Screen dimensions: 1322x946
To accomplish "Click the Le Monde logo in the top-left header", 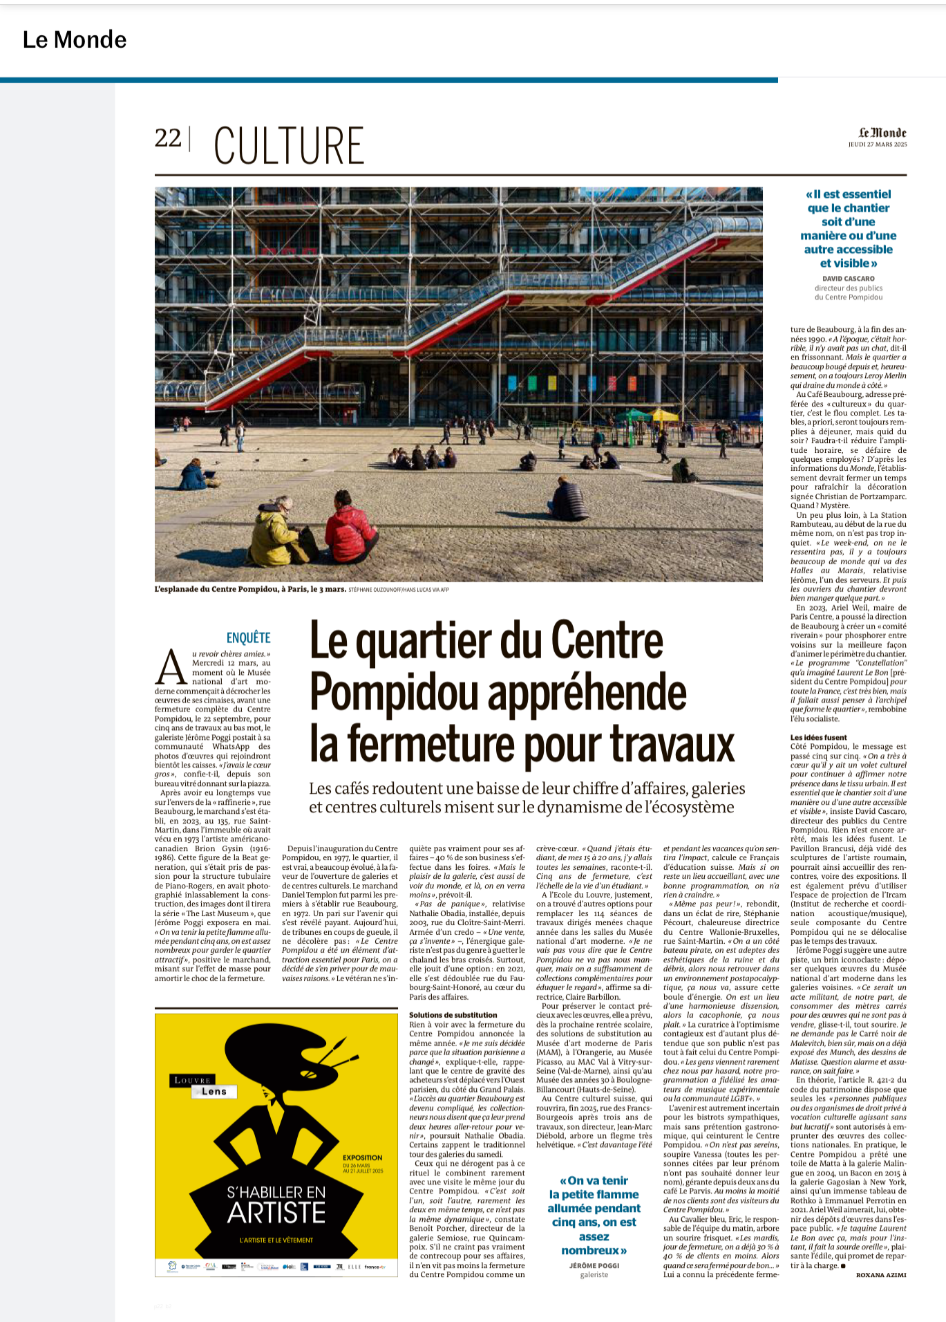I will pyautogui.click(x=75, y=40).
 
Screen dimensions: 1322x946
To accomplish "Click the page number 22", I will pyautogui.click(x=168, y=139).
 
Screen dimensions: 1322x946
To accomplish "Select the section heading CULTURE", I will pyautogui.click(x=289, y=146).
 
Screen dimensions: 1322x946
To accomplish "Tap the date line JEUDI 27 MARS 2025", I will pyautogui.click(x=878, y=145).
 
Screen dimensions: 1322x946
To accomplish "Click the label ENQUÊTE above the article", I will pyautogui.click(x=248, y=637).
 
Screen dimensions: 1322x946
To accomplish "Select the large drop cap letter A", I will pyautogui.click(x=171, y=668).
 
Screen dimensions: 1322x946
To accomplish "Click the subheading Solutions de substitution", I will pyautogui.click(x=453, y=1015).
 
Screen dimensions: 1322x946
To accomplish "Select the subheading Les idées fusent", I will pyautogui.click(x=818, y=738).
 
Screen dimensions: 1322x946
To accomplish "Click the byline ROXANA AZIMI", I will pyautogui.click(x=880, y=1274).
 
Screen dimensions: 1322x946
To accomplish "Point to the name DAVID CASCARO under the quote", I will pyautogui.click(x=848, y=279).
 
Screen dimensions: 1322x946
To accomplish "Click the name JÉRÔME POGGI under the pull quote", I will pyautogui.click(x=594, y=1265).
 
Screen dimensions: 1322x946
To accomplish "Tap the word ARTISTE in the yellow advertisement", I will pyautogui.click(x=276, y=1213).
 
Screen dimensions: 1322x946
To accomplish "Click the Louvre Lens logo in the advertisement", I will pyautogui.click(x=204, y=1086).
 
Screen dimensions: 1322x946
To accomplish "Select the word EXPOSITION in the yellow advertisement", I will pyautogui.click(x=362, y=1157).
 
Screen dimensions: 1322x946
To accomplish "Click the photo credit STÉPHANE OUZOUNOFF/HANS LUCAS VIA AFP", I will pyautogui.click(x=399, y=590).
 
